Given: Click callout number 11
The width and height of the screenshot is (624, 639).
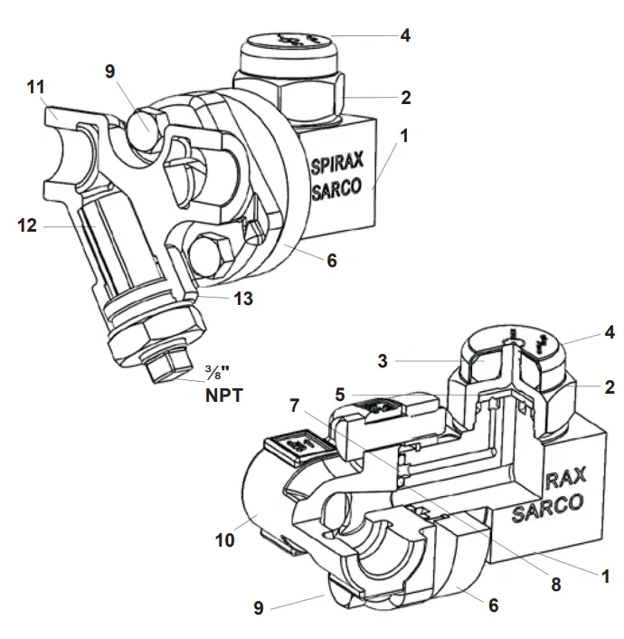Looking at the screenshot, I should tap(35, 88).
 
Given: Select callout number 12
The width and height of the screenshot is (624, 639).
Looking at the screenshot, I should tap(27, 225).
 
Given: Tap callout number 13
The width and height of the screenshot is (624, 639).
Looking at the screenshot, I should tap(241, 298).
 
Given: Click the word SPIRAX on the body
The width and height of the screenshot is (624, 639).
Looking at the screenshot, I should tap(336, 167).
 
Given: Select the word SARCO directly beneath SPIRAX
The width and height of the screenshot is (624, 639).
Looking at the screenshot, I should tap(336, 191).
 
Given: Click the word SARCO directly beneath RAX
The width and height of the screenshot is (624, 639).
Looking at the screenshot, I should tap(550, 512).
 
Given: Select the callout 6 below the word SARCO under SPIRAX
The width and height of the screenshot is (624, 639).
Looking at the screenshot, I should tap(332, 261).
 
